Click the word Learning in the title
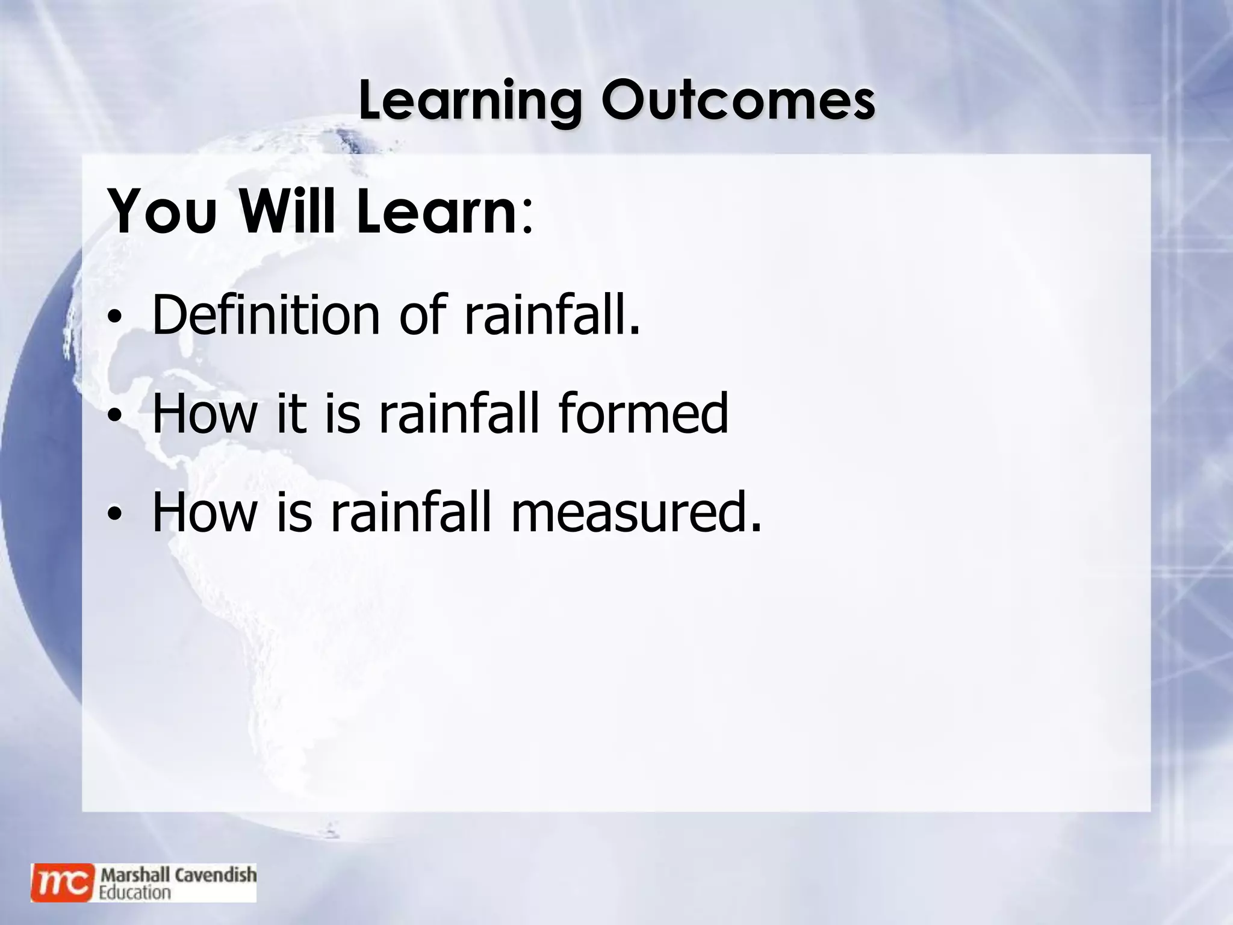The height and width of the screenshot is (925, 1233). tap(470, 101)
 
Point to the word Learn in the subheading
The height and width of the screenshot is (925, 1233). tap(435, 213)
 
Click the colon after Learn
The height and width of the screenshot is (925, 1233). tap(527, 220)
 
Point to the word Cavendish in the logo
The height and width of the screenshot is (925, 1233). tap(215, 874)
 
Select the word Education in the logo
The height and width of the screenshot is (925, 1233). tap(135, 892)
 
